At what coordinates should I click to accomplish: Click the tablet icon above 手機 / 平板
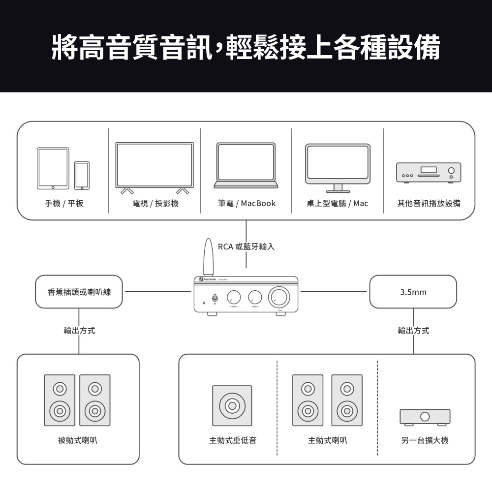point(53,168)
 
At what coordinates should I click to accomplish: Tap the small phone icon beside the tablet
point(82,175)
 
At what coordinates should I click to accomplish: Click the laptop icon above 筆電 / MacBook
point(246,166)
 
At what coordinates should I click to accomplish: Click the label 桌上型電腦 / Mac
point(338,203)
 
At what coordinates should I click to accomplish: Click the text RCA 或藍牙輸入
point(246,246)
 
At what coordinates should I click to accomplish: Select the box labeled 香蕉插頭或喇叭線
point(79,292)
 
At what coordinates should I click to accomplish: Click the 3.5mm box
point(413,292)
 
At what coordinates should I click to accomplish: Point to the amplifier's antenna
point(208,257)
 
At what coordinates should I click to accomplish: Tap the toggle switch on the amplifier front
point(215,298)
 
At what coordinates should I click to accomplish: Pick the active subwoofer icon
point(232,405)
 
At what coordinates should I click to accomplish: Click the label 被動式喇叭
point(78,440)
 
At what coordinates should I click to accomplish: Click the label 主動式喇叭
point(327,440)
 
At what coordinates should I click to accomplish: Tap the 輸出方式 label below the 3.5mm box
point(413,330)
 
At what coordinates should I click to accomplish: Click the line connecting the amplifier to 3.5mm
point(335,292)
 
